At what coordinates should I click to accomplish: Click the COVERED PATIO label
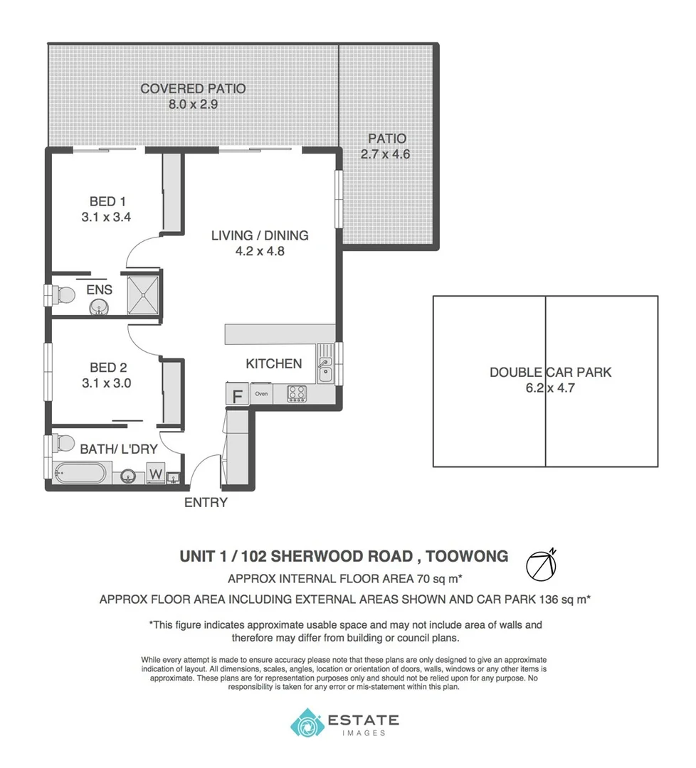(x=193, y=89)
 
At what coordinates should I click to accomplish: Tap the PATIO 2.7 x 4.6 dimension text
(x=385, y=154)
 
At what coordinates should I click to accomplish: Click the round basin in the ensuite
(x=100, y=306)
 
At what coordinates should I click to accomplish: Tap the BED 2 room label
(x=107, y=368)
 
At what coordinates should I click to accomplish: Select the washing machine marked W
(x=156, y=473)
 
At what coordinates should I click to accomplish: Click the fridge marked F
(x=237, y=395)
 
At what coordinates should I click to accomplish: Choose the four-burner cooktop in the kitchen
(x=297, y=393)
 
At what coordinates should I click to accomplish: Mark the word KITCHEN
(x=274, y=364)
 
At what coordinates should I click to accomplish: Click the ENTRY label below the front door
(x=206, y=503)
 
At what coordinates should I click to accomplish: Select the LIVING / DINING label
(x=260, y=236)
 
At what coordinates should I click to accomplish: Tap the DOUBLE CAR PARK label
(x=550, y=372)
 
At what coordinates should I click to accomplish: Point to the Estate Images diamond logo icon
(x=307, y=722)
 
